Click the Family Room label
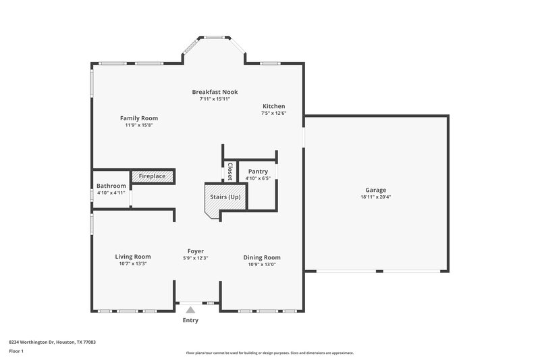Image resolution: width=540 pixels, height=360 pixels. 139,118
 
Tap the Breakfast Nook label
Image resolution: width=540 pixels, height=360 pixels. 215,92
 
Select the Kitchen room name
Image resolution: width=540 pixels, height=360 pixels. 273,106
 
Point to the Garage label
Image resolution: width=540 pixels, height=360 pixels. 375,190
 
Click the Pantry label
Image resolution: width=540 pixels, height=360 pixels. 258,172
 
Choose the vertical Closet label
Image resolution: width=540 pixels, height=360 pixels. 230,172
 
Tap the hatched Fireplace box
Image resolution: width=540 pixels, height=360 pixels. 152,176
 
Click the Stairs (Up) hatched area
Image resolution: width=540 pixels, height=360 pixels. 225,197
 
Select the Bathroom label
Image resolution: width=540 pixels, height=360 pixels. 111,186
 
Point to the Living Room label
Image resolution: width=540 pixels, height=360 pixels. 132,257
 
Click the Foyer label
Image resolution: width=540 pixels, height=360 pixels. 196,251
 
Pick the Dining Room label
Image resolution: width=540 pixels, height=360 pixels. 261,257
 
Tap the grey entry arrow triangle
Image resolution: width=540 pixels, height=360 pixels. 190,309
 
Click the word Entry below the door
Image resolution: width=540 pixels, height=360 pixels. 190,320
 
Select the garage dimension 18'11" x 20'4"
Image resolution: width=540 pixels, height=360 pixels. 375,197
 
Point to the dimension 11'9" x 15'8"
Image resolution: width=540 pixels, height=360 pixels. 139,126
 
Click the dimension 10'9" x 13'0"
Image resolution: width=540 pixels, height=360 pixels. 261,264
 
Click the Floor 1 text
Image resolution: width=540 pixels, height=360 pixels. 16,352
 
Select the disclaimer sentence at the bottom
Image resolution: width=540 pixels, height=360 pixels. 270,353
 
